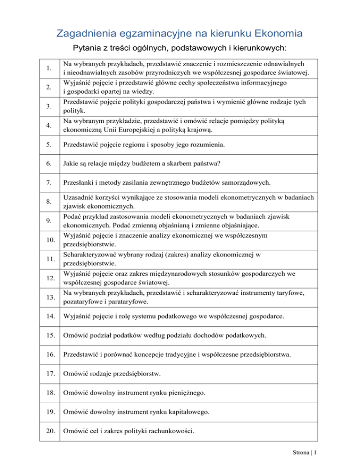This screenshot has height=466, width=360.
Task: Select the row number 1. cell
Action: tap(49, 69)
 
